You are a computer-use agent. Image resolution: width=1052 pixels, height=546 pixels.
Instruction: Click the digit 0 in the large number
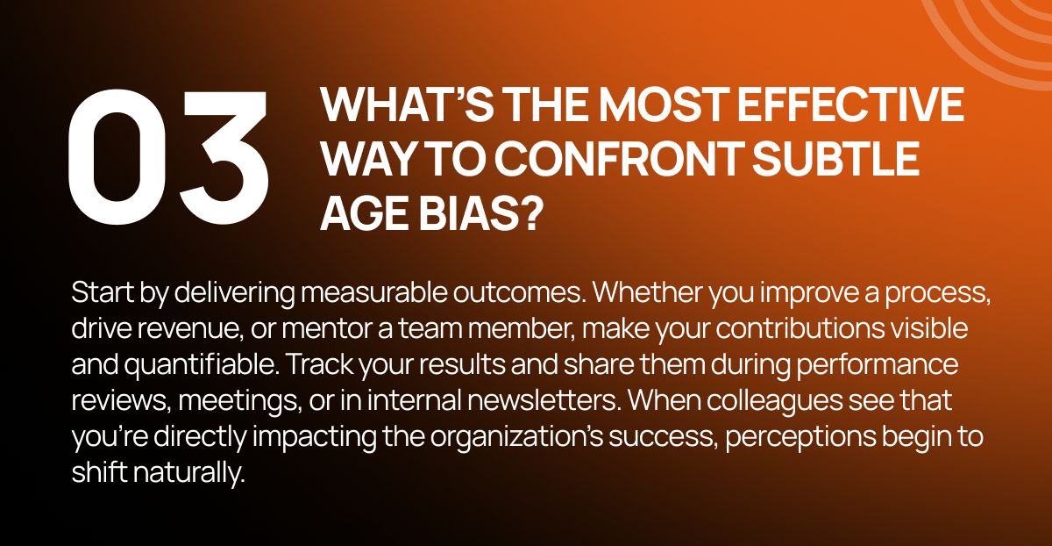[x=117, y=157]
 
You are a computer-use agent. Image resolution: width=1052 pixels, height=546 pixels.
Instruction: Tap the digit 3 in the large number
[x=224, y=157]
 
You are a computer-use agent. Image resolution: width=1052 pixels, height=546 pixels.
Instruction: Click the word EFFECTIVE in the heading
[x=850, y=104]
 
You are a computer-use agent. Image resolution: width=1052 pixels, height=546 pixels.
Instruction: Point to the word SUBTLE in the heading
[x=836, y=160]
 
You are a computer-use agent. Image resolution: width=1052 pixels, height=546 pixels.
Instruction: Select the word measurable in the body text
[x=373, y=292]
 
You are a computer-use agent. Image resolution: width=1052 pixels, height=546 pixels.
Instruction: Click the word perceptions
[x=800, y=437]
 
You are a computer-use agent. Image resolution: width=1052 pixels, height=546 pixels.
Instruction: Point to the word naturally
[x=189, y=472]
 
